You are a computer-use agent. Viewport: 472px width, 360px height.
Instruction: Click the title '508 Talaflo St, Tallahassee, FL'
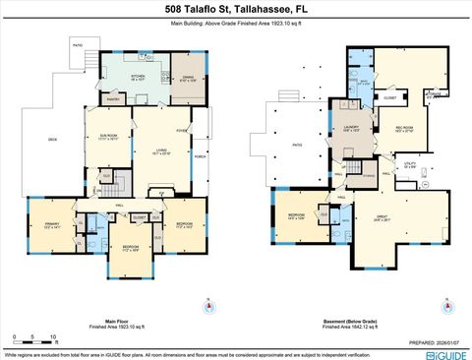pyautogui.click(x=236, y=9)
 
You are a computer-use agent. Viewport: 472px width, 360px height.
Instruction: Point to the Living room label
pyautogui.click(x=161, y=151)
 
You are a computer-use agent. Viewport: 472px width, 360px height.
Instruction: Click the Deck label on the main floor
pyautogui.click(x=52, y=140)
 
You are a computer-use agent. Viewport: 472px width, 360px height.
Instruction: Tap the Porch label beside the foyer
pyautogui.click(x=200, y=155)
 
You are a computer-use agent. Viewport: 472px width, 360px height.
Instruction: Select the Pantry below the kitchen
pyautogui.click(x=114, y=99)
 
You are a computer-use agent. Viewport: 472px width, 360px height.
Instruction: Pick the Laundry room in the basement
pyautogui.click(x=349, y=128)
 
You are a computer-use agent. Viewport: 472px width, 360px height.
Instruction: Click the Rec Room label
pyautogui.click(x=405, y=127)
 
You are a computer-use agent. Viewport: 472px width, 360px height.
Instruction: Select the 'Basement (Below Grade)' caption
pyautogui.click(x=350, y=321)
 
